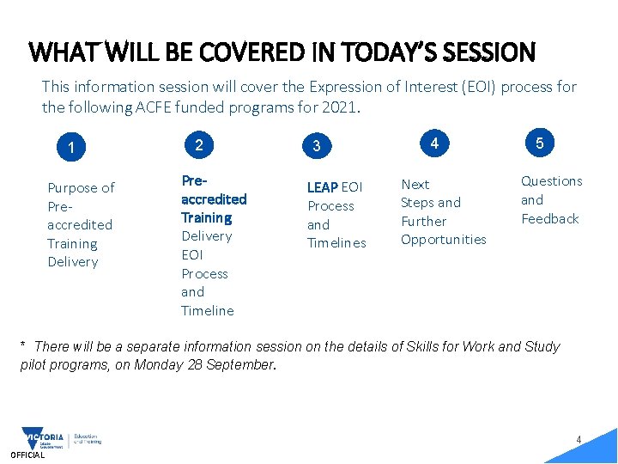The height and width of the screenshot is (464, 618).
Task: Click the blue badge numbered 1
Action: (71, 148)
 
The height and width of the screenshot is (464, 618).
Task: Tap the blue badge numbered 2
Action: (199, 145)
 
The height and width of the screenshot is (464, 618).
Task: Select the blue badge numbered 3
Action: (317, 146)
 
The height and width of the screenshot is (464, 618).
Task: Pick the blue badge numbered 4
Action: (435, 143)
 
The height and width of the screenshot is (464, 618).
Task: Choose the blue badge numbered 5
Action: (539, 143)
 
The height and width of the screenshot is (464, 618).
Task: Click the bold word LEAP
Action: (323, 187)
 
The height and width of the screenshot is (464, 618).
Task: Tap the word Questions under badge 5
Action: (551, 181)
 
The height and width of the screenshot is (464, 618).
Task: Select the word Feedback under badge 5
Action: (549, 219)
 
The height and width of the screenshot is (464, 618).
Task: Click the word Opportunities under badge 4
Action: (443, 240)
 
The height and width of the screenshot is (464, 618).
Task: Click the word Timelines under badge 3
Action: (336, 243)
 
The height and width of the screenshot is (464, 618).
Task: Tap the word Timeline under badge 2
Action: (207, 311)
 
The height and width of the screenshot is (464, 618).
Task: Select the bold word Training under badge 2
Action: (206, 218)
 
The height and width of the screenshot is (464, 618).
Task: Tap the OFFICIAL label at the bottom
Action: (27, 455)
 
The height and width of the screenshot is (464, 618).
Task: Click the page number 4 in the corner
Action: (579, 440)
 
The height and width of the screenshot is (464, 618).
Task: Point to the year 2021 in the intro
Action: (347, 107)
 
